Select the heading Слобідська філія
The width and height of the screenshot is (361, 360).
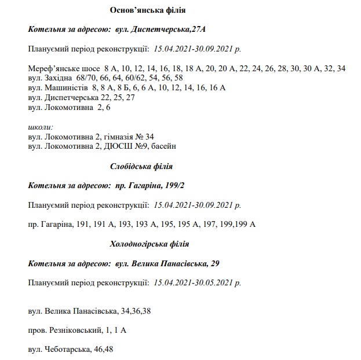coord(141,167)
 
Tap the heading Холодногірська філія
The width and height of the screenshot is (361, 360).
coord(149,244)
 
